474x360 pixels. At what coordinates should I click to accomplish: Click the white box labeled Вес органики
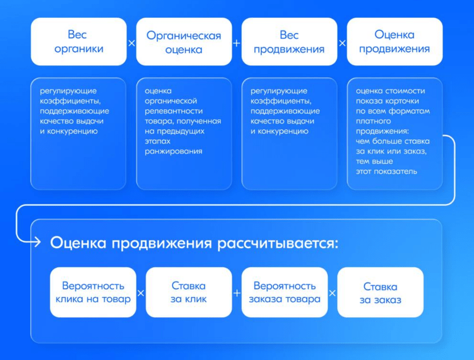click(79, 42)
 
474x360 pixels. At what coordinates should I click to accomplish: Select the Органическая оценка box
click(184, 42)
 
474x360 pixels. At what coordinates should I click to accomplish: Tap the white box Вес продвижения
click(289, 42)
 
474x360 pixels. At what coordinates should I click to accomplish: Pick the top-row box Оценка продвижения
click(394, 42)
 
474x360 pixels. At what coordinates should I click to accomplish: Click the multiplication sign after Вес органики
click(131, 43)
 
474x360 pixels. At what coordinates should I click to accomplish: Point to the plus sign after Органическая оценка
click(237, 43)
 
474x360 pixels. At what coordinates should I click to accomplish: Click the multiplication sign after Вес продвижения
click(342, 43)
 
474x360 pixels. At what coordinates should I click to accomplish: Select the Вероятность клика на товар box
click(93, 292)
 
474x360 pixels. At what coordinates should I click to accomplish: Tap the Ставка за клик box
click(189, 292)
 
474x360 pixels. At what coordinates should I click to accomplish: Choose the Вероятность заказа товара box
click(285, 292)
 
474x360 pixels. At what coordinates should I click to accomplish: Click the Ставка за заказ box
click(380, 292)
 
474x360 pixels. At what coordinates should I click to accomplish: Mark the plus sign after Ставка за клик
click(237, 293)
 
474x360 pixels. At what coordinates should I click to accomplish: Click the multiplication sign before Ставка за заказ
click(332, 293)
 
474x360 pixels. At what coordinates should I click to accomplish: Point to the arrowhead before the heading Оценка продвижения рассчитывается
click(38, 242)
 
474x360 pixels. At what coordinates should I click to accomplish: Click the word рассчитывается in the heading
click(278, 243)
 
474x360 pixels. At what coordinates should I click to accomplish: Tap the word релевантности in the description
click(174, 111)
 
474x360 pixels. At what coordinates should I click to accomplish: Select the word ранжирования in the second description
click(174, 151)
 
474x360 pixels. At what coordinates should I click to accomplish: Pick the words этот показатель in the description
click(386, 172)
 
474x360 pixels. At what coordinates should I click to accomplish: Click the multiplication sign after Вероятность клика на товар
click(141, 293)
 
